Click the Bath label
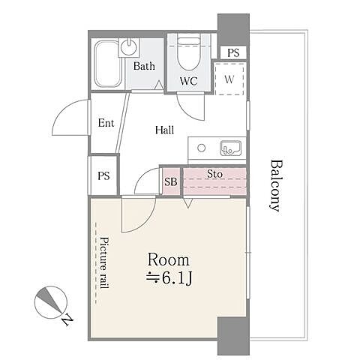(144, 66)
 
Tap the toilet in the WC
(189, 53)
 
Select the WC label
(189, 81)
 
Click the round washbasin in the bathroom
(129, 46)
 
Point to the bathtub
(107, 64)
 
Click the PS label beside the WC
(233, 52)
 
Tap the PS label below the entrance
(103, 175)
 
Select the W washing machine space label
(229, 79)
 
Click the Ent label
(106, 123)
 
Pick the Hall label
(164, 130)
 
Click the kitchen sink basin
(231, 148)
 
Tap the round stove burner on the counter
(201, 148)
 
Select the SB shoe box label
(171, 181)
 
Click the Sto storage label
(214, 174)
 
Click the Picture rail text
(105, 262)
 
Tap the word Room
(168, 260)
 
